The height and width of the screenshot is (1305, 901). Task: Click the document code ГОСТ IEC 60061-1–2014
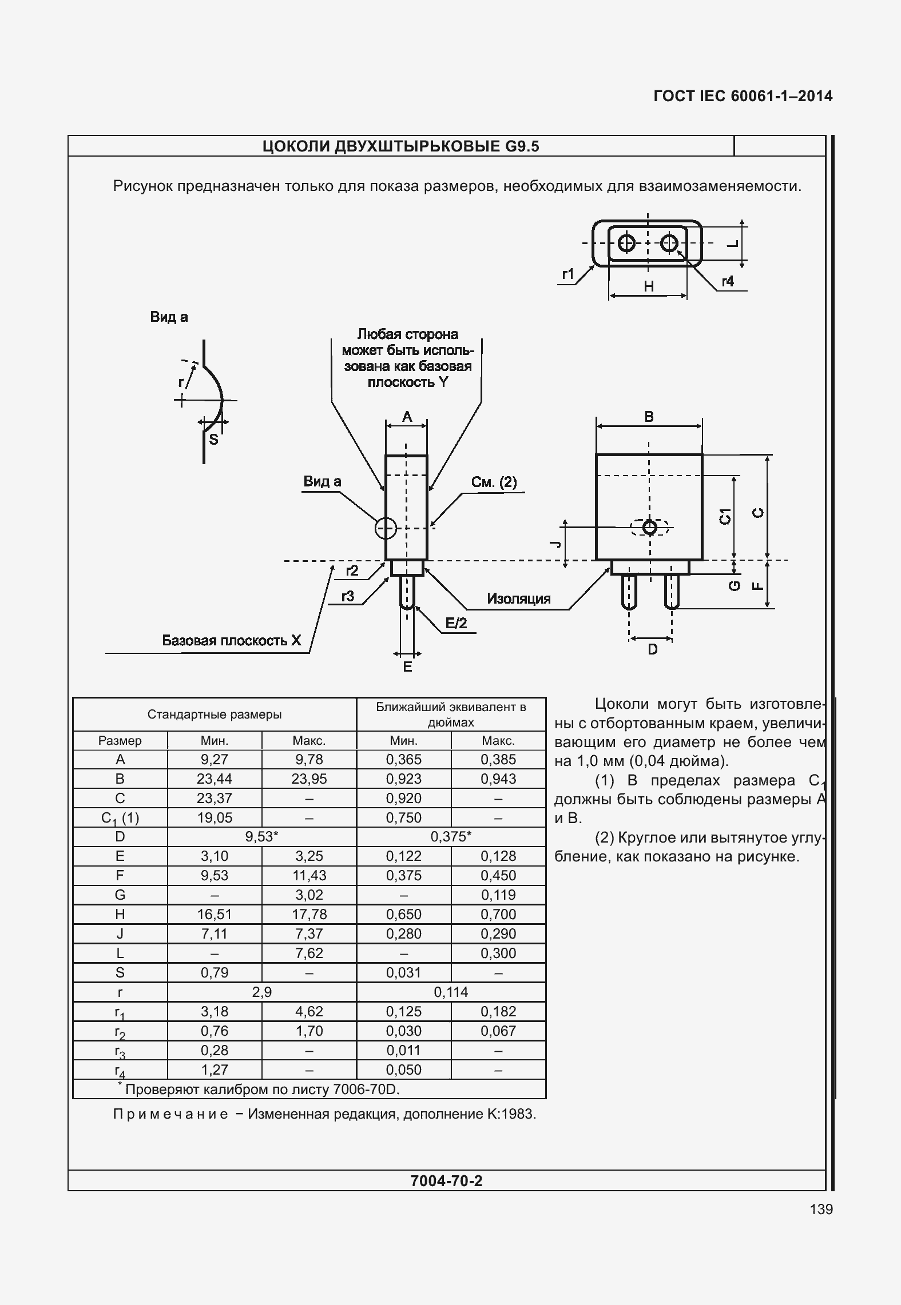click(743, 96)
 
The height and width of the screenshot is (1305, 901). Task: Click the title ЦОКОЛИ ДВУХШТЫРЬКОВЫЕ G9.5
click(400, 147)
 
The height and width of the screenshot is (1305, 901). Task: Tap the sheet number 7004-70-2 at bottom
click(446, 1180)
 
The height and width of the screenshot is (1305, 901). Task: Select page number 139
click(821, 1209)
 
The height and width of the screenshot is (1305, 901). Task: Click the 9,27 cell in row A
click(215, 759)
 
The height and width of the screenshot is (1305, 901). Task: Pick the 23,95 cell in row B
click(309, 779)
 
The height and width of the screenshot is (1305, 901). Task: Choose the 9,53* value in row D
click(261, 837)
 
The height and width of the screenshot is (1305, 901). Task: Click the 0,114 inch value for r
click(451, 992)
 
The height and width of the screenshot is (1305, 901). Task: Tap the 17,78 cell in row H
click(309, 914)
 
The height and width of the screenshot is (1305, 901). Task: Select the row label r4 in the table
click(120, 1070)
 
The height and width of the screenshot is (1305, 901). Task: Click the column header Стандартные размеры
click(215, 714)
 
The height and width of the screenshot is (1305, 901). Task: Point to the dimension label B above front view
click(649, 417)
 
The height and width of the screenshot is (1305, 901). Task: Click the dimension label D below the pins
click(652, 649)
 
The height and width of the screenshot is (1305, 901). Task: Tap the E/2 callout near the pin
click(456, 623)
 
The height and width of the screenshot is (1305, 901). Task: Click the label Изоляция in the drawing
click(518, 598)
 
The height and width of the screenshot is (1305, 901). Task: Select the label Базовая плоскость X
click(231, 640)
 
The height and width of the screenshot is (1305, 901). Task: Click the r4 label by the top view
click(727, 281)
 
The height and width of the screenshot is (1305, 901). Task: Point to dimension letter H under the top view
click(649, 286)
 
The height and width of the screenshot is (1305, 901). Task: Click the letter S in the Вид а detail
click(213, 439)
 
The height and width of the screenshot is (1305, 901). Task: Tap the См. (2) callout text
click(494, 482)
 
